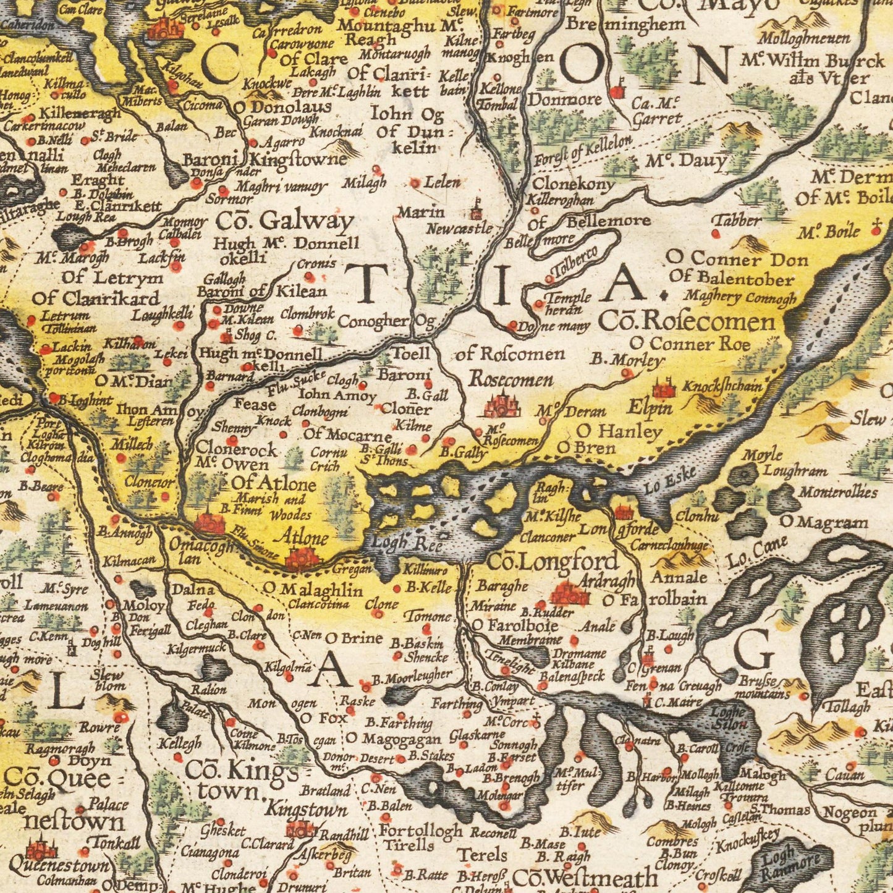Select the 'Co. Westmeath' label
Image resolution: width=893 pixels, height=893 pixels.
click(x=585, y=878)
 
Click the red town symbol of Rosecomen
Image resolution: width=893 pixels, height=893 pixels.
click(x=502, y=407)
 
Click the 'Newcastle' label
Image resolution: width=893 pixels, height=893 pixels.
click(x=459, y=229)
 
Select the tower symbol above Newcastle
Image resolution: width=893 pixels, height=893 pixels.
click(x=475, y=210)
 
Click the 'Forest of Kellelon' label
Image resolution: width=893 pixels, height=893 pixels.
click(x=583, y=148)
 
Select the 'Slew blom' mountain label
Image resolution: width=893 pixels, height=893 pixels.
click(x=109, y=680)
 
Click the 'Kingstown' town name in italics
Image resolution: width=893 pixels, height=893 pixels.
click(x=307, y=810)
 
